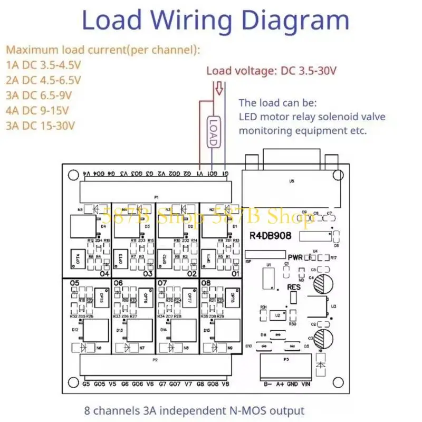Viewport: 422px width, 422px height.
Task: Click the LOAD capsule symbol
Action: coord(213,131)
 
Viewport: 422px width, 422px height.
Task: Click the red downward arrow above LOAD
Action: coord(217,90)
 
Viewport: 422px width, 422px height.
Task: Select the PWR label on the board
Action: coord(295,257)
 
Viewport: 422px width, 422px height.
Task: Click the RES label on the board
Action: coord(294,287)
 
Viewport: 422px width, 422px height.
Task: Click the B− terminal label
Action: coord(268,385)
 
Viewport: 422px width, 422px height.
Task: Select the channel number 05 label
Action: coord(74,283)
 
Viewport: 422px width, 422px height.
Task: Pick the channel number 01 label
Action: coord(235,273)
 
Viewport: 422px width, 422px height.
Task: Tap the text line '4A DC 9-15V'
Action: coord(41,111)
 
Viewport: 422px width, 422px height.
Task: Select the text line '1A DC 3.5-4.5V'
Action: coord(44,65)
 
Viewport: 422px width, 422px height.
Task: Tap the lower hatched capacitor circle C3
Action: coord(323,337)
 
